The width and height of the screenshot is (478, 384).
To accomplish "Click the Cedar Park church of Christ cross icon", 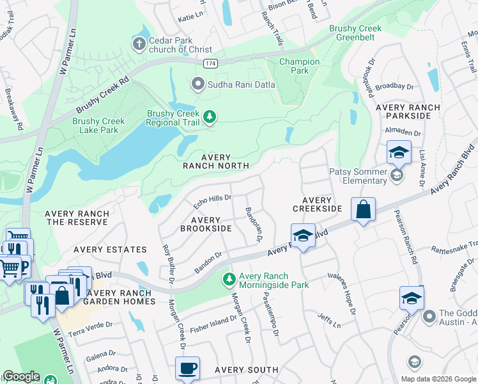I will [139, 44].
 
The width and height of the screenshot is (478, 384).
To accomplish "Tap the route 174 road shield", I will [210, 65].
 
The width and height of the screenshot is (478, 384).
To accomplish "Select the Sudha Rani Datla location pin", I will [198, 84].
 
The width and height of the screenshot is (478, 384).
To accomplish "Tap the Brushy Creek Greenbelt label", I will [365, 33].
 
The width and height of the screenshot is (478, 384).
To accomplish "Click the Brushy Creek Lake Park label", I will [95, 125].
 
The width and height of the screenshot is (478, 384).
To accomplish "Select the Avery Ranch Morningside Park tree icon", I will [229, 280].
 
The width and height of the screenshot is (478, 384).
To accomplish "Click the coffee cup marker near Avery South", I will [188, 368].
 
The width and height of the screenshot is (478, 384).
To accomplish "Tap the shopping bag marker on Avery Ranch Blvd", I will [363, 209].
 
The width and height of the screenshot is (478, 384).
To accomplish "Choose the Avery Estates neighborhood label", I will [110, 250].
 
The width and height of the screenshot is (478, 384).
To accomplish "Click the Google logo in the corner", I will [20, 376].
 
